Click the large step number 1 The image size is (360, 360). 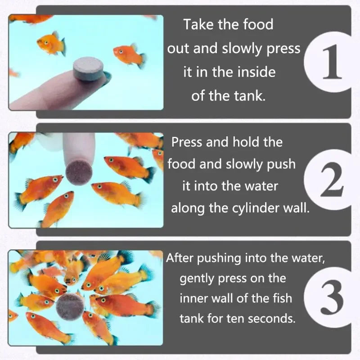click(331, 62)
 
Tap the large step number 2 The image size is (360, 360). click(332, 179)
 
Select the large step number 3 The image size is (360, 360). click(332, 297)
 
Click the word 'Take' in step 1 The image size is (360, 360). click(198, 24)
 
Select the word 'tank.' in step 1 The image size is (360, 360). click(250, 96)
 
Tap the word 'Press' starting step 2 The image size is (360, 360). click(187, 142)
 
